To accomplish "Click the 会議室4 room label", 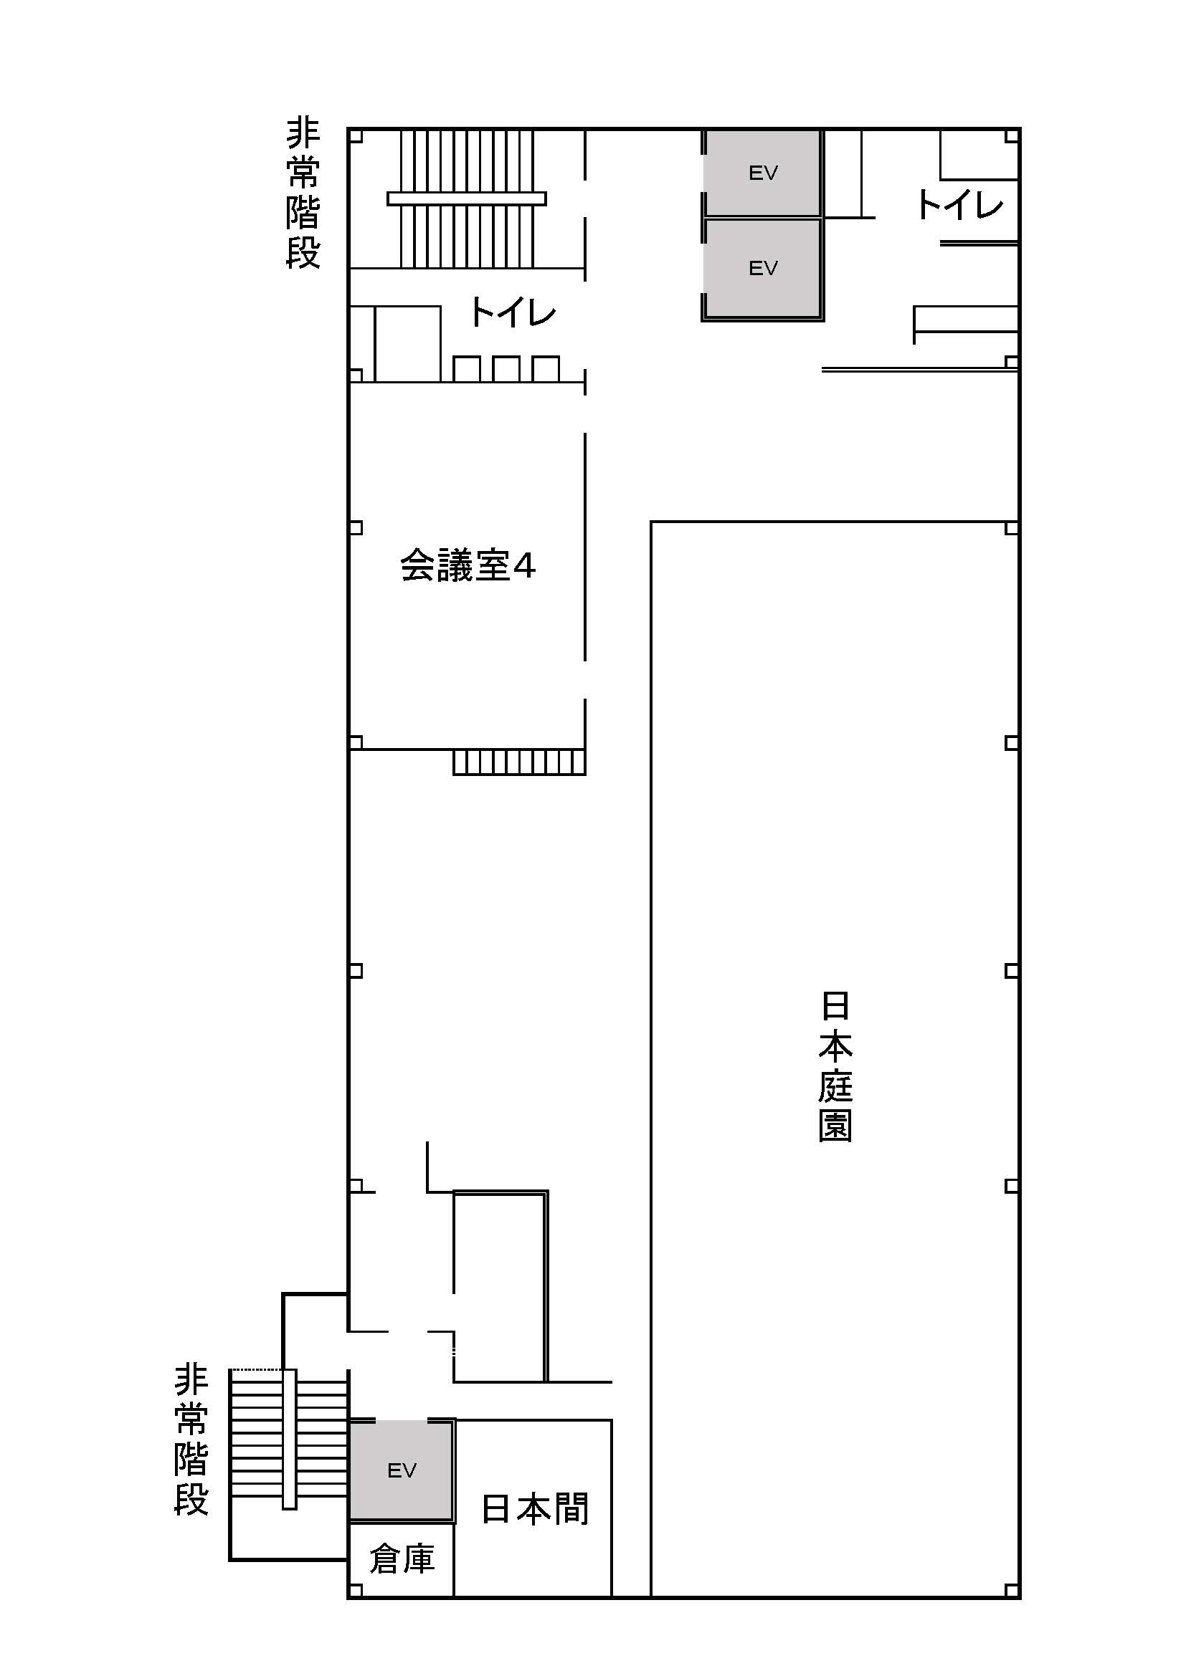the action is click(x=468, y=566).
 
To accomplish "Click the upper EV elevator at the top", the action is click(x=762, y=173).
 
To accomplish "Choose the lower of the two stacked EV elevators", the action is click(x=762, y=269).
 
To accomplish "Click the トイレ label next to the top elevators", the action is click(x=959, y=205).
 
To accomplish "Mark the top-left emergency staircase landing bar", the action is click(x=467, y=198).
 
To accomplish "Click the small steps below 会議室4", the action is click(x=519, y=762).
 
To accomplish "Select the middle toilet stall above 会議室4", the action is click(x=506, y=368).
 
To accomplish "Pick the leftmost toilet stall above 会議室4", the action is click(x=467, y=368).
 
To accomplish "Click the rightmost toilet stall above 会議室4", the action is click(x=546, y=368).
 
